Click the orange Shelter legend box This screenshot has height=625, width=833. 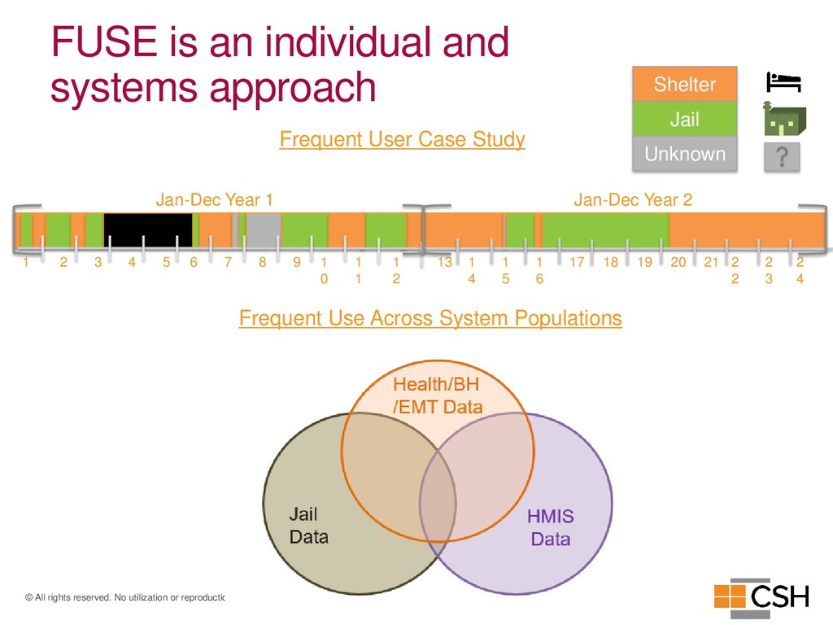684,85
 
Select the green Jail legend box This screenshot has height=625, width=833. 684,120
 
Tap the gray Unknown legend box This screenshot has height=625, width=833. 684,154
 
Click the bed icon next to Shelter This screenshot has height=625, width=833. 783,82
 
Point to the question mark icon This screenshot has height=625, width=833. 782,156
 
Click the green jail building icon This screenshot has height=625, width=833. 783,120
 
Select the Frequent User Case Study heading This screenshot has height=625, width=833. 402,139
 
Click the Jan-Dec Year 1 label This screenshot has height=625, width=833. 214,199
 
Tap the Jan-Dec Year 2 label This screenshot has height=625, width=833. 633,199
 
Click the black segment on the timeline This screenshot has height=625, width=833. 148,230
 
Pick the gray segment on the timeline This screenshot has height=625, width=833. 264,230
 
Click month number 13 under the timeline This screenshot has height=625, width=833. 444,262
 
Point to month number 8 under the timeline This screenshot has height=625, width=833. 263,262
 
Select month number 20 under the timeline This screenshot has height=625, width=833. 678,262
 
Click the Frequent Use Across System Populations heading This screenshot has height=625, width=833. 430,317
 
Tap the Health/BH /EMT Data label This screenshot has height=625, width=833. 438,396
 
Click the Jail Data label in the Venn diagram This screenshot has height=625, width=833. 308,525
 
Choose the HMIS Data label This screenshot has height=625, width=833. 551,527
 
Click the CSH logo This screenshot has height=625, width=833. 761,595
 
